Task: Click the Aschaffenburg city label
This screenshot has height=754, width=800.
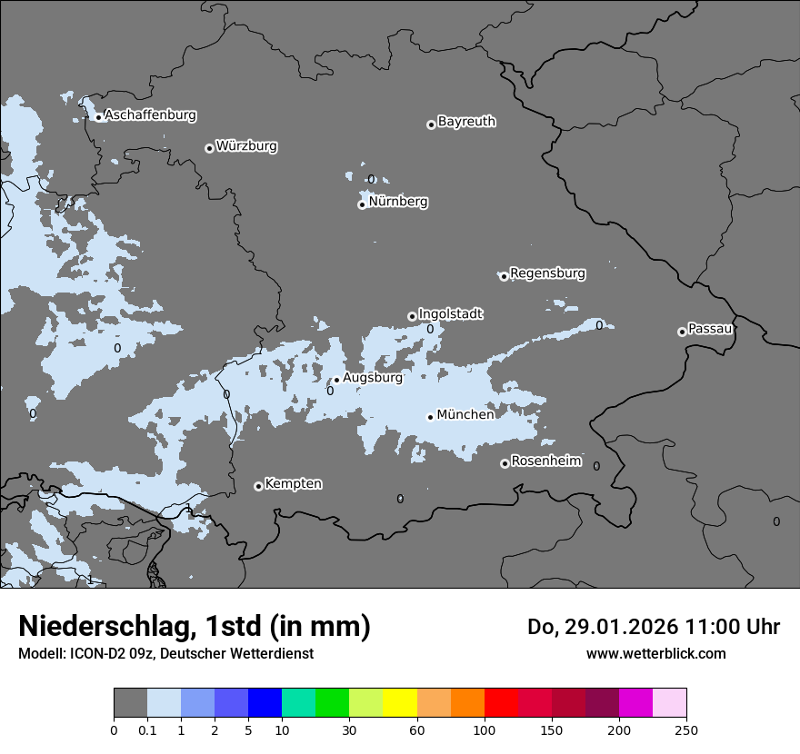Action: coord(150,115)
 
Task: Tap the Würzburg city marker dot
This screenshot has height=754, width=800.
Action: coord(209,148)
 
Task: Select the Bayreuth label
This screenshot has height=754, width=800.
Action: coord(466,122)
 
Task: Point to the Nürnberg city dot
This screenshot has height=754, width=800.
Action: coord(362,204)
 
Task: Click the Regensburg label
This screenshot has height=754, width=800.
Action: coord(547,273)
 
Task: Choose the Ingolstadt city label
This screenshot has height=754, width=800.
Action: coord(450,314)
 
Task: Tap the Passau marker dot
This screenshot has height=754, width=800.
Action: coord(682,332)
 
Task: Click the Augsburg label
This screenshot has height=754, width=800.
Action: coord(372,378)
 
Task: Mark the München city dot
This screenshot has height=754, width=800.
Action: coord(430,417)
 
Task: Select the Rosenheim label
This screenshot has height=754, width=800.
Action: coord(545,461)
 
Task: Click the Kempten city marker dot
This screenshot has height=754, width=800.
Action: coord(258,486)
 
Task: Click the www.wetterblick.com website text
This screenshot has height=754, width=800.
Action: coord(655,654)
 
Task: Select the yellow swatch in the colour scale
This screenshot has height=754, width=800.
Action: coord(400,703)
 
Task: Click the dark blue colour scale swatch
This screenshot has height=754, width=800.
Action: coord(265,703)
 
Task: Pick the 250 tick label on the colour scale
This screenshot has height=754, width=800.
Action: coord(686,729)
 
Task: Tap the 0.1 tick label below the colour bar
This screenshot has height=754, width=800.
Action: coord(147,729)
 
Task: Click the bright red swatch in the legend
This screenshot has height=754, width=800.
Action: coord(501,703)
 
